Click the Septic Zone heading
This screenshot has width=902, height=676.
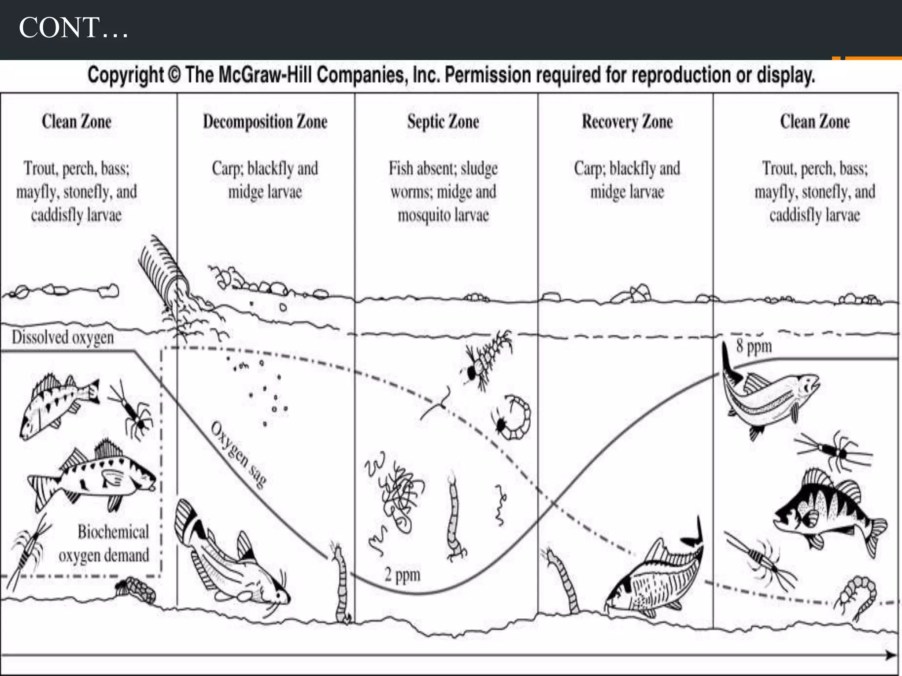click(x=443, y=122)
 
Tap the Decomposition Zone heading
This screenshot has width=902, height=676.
click(x=265, y=122)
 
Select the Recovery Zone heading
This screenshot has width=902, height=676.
click(x=627, y=122)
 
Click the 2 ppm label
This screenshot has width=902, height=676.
click(x=403, y=575)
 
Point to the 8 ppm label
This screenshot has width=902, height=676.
click(x=754, y=346)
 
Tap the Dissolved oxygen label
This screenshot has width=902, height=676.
click(x=63, y=338)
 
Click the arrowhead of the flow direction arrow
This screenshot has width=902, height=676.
click(x=891, y=655)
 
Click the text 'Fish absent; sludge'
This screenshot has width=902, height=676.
click(x=443, y=169)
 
